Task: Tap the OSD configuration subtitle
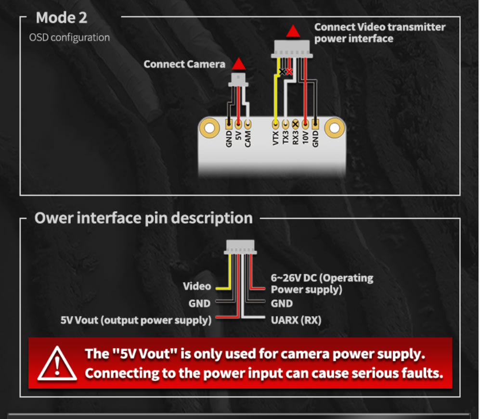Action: coord(69,38)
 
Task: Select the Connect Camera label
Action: coord(184,64)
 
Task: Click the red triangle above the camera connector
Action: coord(238,64)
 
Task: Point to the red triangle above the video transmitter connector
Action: coord(292,32)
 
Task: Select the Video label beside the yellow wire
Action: coord(197,286)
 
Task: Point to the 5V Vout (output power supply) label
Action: coord(136,320)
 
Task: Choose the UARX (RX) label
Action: coord(296,320)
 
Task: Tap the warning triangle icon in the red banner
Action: coord(57,363)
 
